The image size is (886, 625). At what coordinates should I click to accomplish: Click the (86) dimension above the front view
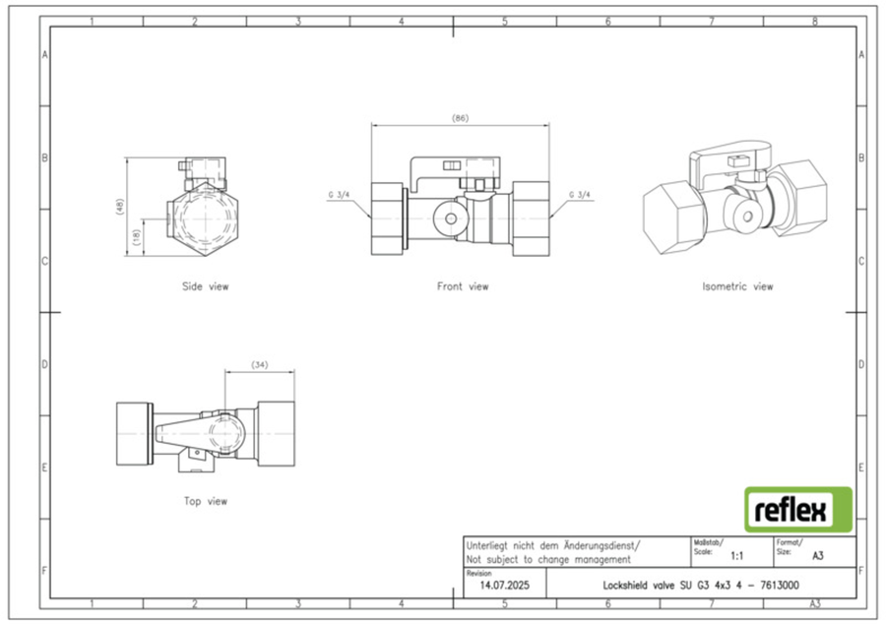[x=460, y=118]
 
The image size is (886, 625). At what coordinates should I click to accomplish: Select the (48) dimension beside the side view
[x=119, y=207]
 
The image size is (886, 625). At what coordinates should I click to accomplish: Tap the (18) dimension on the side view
[x=136, y=237]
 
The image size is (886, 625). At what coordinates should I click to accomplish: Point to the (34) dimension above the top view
[x=259, y=365]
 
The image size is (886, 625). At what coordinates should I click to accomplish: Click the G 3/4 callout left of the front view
[x=339, y=195]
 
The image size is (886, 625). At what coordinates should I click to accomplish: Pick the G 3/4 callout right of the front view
[x=580, y=195]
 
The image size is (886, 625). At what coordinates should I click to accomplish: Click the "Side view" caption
[x=205, y=286]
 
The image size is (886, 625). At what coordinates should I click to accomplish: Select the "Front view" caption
[x=463, y=286]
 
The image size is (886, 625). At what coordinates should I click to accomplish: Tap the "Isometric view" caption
[x=737, y=286]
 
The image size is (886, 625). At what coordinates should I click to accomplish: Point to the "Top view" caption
[x=205, y=501]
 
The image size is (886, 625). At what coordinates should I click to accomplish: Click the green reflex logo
[x=797, y=510]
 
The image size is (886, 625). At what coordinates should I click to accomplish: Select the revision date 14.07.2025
[x=505, y=586]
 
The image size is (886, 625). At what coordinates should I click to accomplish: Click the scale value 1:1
[x=736, y=556]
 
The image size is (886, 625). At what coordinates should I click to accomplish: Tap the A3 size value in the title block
[x=818, y=556]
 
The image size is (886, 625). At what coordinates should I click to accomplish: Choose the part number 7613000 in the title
[x=779, y=586]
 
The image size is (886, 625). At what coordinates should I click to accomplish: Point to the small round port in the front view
[x=450, y=219]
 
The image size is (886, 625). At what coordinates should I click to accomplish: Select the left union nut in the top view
[x=134, y=434]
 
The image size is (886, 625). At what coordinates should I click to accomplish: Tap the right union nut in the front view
[x=532, y=219]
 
